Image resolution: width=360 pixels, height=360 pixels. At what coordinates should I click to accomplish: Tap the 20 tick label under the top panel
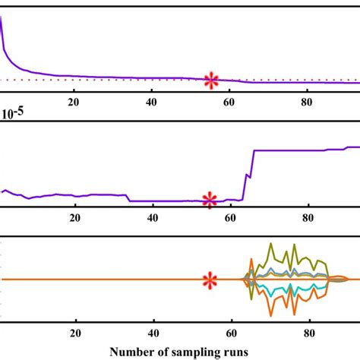pyautogui.click(x=74, y=103)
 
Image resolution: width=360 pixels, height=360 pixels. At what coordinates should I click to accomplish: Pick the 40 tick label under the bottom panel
pyautogui.click(x=154, y=332)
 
